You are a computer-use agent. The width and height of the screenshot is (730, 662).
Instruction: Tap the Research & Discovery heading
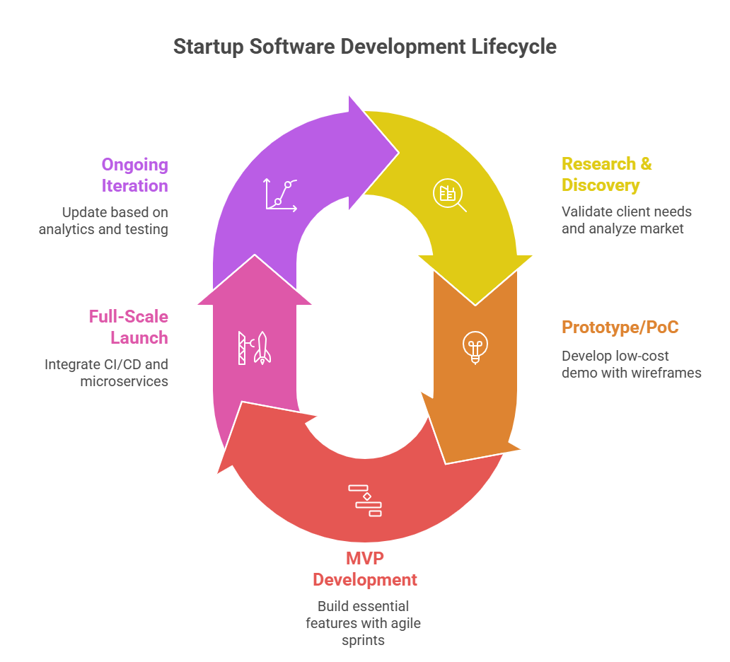(x=606, y=175)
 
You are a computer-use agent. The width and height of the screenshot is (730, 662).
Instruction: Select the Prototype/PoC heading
(x=620, y=327)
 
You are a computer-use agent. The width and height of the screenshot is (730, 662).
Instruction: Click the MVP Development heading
(x=365, y=569)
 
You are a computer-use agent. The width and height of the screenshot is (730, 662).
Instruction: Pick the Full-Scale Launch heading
(x=128, y=327)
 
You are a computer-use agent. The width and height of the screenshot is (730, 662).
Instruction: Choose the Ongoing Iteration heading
(x=134, y=175)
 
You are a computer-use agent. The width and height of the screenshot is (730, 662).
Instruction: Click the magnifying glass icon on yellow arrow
(x=450, y=196)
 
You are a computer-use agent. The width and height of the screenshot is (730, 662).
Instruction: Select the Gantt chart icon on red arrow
(x=365, y=500)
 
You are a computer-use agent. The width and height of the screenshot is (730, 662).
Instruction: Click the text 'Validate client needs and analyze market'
(x=626, y=220)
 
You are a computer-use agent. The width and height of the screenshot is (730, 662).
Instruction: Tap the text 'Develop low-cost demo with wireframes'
(x=631, y=364)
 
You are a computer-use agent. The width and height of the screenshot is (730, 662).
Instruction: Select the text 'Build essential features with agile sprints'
(x=364, y=623)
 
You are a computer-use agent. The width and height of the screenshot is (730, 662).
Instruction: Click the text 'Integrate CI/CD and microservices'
(x=107, y=373)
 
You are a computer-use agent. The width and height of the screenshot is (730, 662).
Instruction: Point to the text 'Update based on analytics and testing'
(x=103, y=220)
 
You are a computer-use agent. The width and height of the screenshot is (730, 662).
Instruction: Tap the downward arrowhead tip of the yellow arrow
(x=475, y=304)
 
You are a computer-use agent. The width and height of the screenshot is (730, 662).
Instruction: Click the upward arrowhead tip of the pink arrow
(x=254, y=256)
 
